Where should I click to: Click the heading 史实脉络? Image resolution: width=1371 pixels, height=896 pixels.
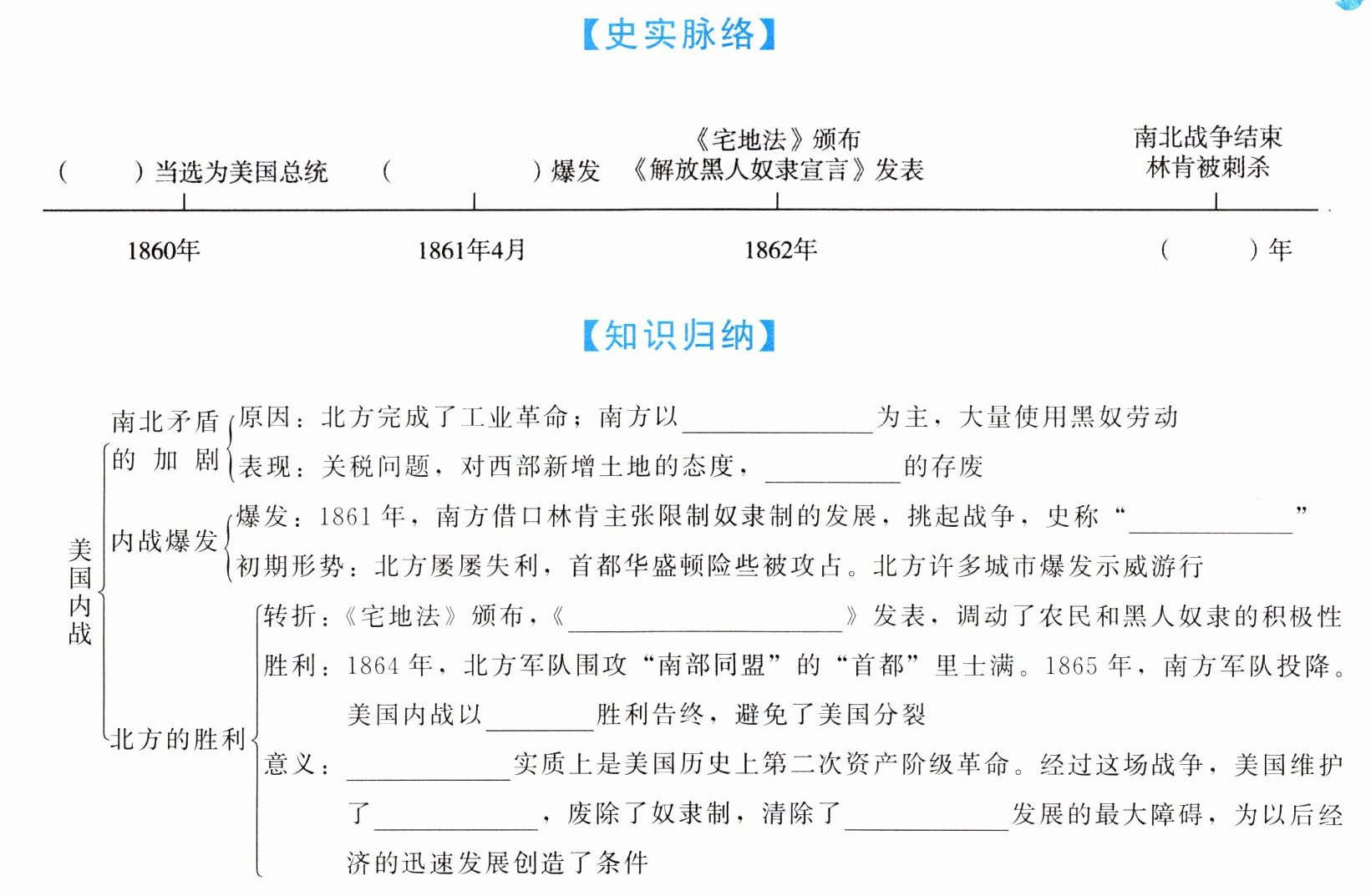point(678,34)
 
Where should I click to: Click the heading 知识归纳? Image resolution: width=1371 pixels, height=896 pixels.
point(678,336)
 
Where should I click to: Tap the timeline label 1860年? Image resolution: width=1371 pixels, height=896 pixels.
point(164,250)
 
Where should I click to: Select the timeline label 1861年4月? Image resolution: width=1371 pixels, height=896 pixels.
point(471,250)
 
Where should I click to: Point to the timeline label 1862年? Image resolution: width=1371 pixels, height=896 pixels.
point(780,250)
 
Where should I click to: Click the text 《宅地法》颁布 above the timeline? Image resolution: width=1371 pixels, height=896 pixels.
point(777,139)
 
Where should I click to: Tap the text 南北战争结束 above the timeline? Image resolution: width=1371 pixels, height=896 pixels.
point(1207,137)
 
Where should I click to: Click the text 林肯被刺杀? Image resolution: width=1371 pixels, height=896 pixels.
point(1207,168)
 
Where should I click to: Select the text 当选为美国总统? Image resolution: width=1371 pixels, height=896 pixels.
point(241,172)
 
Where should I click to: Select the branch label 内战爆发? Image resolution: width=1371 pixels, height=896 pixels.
point(165,541)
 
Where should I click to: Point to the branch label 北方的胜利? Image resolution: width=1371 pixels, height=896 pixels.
point(178,739)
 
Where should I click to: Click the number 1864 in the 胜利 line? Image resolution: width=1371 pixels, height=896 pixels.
point(373,666)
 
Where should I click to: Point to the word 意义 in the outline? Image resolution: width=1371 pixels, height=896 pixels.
point(289,764)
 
